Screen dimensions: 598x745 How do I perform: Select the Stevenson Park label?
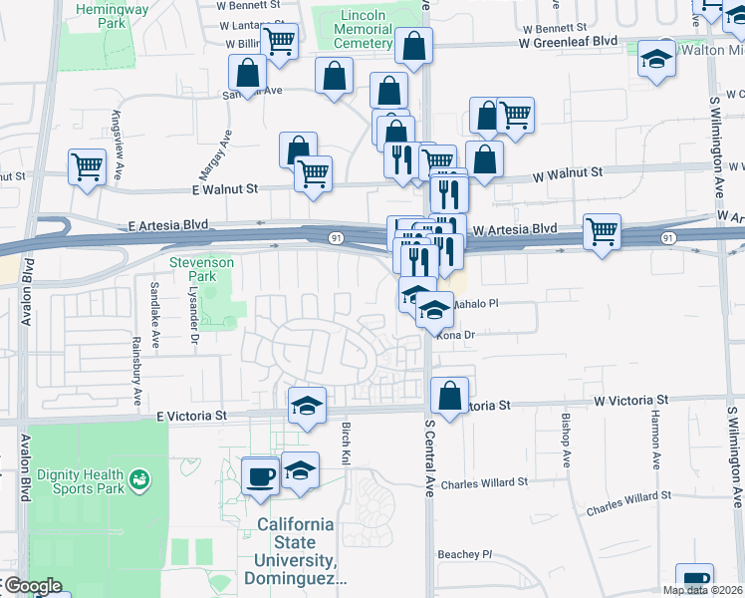click(201, 269)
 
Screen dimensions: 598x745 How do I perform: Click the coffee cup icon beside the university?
click(261, 473)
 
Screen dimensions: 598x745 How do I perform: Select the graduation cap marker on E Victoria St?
click(308, 405)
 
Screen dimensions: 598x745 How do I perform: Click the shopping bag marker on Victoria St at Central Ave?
click(449, 396)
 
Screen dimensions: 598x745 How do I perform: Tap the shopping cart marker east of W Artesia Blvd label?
click(602, 231)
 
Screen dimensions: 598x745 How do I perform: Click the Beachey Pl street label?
click(465, 554)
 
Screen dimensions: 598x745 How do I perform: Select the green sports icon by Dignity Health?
click(140, 480)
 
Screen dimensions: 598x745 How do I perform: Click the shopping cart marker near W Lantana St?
click(280, 42)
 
